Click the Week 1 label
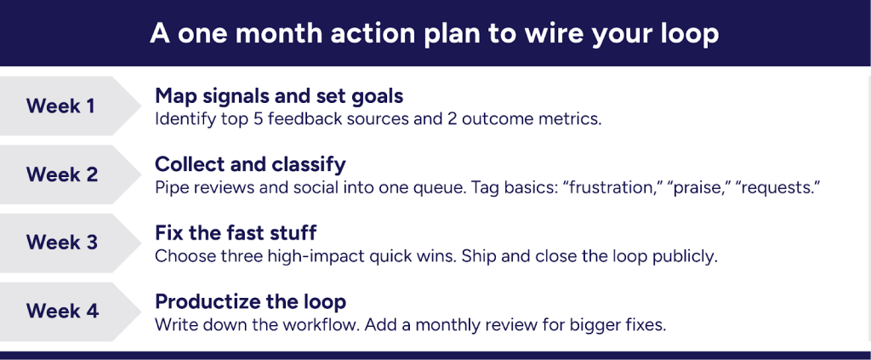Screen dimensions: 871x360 62,106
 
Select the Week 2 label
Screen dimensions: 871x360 62,174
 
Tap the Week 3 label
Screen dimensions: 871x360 62,243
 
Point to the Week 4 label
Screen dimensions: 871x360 62,311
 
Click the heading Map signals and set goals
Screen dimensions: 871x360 279,97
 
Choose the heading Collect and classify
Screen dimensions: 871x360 251,164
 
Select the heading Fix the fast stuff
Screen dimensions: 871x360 236,233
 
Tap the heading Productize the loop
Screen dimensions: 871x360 251,301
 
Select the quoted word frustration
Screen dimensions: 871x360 611,188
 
